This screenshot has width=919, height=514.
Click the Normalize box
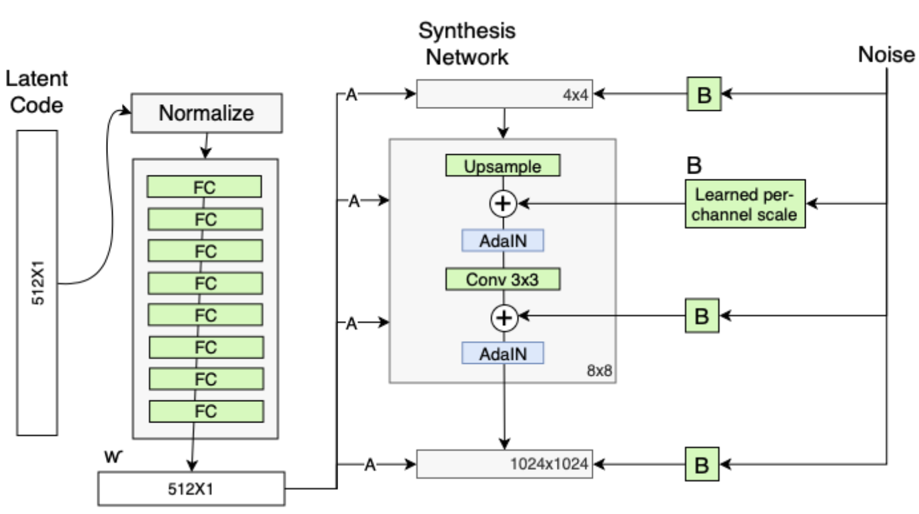206,113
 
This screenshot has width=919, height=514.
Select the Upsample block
504,166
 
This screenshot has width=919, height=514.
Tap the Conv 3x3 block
504,280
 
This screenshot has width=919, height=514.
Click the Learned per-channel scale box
744,204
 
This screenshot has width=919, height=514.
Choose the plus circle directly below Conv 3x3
504,318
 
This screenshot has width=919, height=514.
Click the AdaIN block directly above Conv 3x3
504,240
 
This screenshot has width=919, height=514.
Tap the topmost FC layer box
204,187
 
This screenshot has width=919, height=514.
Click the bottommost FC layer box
206,411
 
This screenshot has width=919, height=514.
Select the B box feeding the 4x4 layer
704,95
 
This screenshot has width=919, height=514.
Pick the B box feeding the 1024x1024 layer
704,463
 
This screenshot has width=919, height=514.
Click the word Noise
886,55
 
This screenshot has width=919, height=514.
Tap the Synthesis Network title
467,44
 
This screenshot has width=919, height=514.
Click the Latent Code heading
37,92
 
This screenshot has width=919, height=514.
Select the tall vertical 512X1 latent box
37,284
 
